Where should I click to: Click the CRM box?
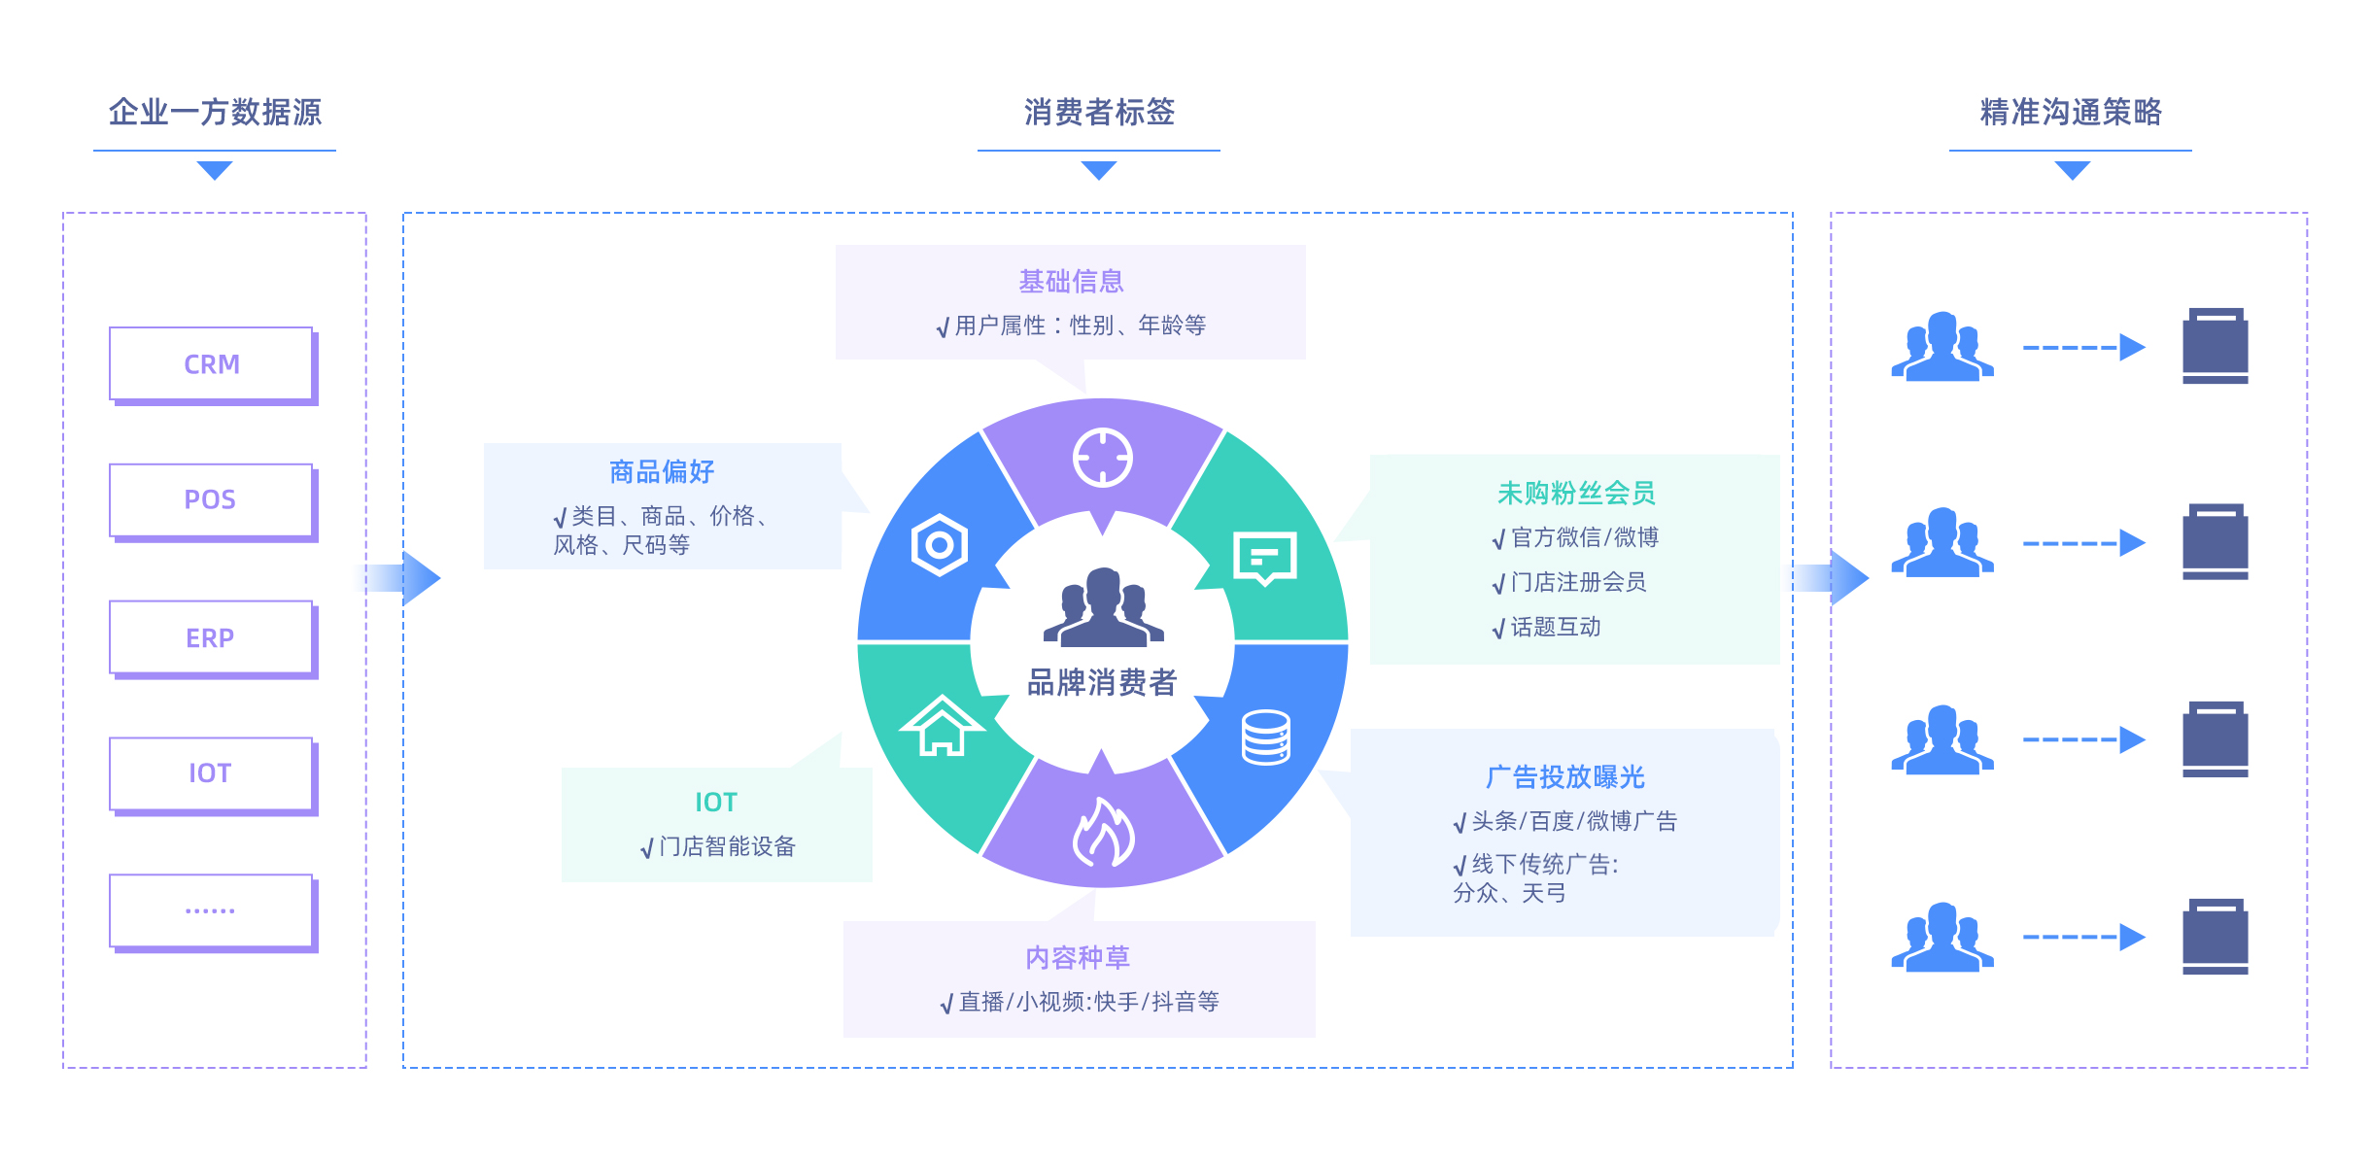coord(211,364)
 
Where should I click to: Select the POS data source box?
coord(211,500)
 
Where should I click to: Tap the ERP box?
coord(211,637)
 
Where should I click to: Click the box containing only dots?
coord(211,910)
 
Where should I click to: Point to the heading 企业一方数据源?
coord(215,112)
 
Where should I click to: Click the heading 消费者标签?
coord(1099,112)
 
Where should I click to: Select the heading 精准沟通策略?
coord(2071,112)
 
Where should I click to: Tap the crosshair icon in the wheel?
coord(1102,457)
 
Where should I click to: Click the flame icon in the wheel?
coord(1103,834)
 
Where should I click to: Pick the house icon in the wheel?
coord(942,726)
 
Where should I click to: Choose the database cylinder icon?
coord(1266,737)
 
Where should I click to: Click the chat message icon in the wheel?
coord(1264,558)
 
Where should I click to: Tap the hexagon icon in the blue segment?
coord(940,545)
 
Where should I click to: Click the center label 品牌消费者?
coord(1102,682)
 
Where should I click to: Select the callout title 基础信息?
coord(1071,282)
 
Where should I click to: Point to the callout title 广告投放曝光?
coord(1564,777)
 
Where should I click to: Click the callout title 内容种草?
coord(1078,958)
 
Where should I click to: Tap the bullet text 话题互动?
coord(1555,628)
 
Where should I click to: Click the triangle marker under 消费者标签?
coord(1099,171)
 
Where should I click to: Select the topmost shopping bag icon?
coord(2215,346)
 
